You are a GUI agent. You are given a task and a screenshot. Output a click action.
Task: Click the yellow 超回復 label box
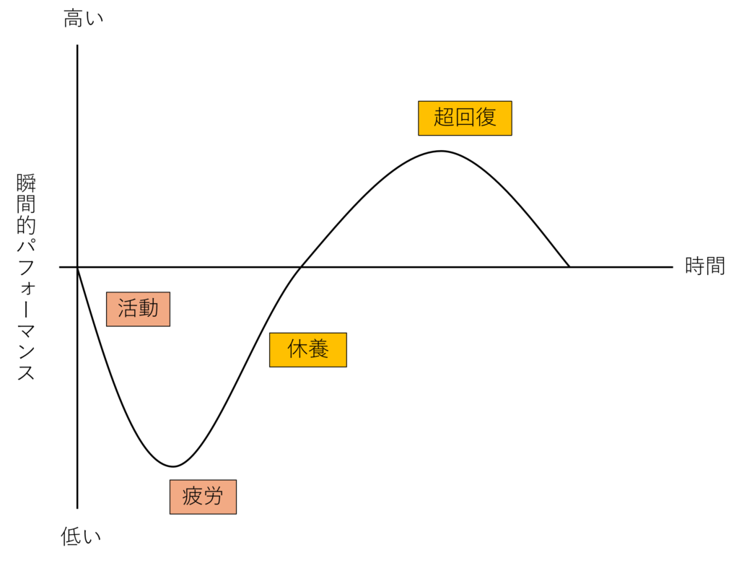[465, 118]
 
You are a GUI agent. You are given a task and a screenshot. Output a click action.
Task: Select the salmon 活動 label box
[138, 309]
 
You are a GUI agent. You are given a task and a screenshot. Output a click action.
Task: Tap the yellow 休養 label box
[308, 349]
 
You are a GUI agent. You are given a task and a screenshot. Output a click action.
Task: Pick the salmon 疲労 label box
[203, 497]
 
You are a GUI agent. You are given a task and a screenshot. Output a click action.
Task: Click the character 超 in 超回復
[444, 117]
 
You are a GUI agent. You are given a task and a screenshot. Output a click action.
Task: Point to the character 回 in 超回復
[465, 117]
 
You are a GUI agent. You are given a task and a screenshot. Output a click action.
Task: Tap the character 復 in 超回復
[486, 117]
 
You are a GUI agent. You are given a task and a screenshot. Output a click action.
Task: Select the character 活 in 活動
[128, 309]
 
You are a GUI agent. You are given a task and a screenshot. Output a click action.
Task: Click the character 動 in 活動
[149, 309]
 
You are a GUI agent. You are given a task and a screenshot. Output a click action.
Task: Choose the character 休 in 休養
[297, 349]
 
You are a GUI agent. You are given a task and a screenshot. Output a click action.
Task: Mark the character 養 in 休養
[319, 349]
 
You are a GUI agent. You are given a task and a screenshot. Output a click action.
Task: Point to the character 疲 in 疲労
[192, 497]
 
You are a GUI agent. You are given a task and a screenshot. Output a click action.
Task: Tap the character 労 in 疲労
[214, 497]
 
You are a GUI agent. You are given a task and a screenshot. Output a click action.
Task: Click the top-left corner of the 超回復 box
[419, 102]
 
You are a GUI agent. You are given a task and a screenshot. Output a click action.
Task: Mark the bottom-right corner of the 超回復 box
[511, 134]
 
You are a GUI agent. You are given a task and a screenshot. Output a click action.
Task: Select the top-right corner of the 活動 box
[169, 293]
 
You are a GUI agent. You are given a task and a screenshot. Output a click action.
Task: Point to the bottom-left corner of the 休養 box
[271, 366]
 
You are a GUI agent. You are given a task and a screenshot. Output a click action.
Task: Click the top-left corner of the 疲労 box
[171, 481]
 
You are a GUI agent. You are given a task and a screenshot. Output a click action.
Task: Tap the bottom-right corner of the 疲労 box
[235, 513]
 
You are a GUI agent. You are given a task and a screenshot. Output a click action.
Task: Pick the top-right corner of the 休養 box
[346, 333]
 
